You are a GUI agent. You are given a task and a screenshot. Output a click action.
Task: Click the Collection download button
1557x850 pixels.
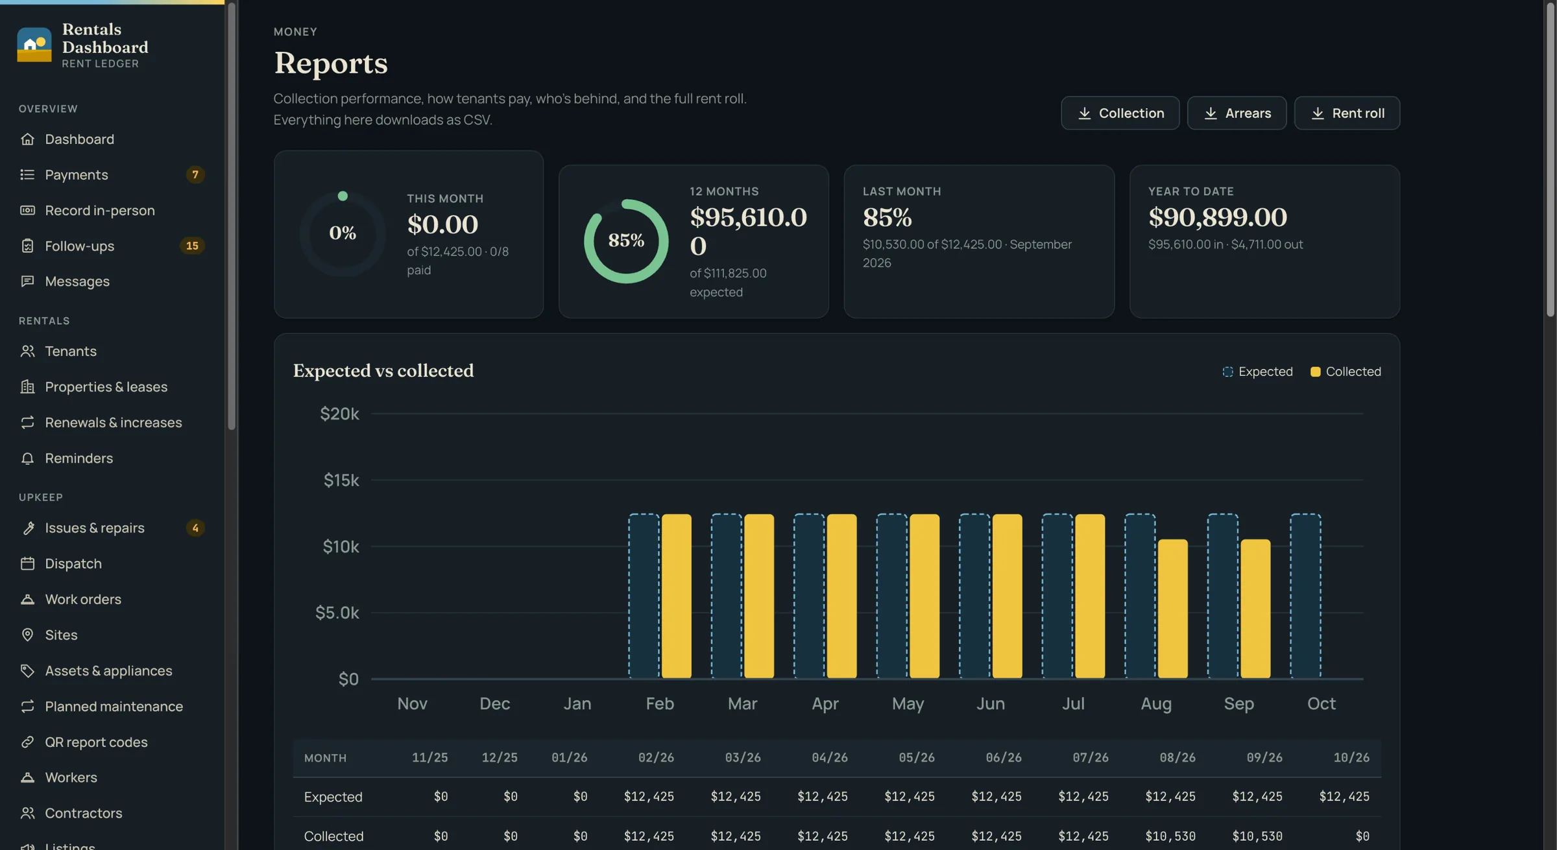tap(1120, 113)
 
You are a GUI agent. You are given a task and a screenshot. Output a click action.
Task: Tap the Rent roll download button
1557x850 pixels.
tap(1347, 113)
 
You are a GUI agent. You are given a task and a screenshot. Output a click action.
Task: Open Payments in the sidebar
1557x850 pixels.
tap(76, 174)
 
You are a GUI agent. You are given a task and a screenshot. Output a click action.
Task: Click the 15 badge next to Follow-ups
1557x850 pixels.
tap(192, 246)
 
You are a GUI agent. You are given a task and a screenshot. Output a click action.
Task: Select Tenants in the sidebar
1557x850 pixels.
tap(70, 351)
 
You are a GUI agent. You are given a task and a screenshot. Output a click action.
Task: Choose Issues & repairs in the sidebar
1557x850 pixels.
tap(94, 528)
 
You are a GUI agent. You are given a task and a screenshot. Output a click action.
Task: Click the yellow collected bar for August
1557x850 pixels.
tap(1173, 609)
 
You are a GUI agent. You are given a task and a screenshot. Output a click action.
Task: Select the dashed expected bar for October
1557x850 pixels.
tap(1305, 596)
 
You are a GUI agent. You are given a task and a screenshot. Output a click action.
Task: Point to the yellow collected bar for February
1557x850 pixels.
tap(677, 596)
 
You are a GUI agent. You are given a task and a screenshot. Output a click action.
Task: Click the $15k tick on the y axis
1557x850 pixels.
tap(341, 480)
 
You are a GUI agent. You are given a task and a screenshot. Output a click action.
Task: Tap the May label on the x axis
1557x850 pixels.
tap(908, 703)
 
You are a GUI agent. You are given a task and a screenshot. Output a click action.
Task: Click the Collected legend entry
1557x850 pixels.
tap(1346, 372)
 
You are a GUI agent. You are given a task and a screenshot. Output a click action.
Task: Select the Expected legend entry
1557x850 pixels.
tap(1257, 372)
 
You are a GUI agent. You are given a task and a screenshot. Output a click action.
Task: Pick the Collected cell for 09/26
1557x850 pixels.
tap(1257, 836)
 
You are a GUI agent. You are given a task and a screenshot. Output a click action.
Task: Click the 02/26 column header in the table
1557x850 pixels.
tap(656, 757)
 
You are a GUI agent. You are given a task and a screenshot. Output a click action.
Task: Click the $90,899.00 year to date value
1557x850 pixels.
tap(1218, 217)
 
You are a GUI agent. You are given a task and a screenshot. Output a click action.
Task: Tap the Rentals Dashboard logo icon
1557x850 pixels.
tap(34, 45)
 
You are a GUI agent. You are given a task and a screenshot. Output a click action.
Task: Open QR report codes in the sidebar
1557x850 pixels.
tap(96, 742)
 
